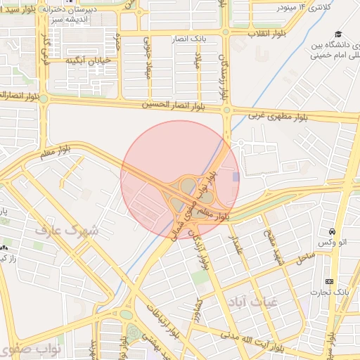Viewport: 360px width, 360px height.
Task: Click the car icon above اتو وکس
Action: coord(331,232)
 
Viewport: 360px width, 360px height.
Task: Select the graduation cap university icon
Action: coord(338,34)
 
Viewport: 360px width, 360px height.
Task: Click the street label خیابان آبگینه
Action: coord(89,61)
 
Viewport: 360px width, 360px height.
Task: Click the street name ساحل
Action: coord(306,258)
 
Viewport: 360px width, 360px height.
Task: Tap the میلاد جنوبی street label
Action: coord(148,59)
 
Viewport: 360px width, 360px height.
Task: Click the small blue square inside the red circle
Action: coord(236,177)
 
